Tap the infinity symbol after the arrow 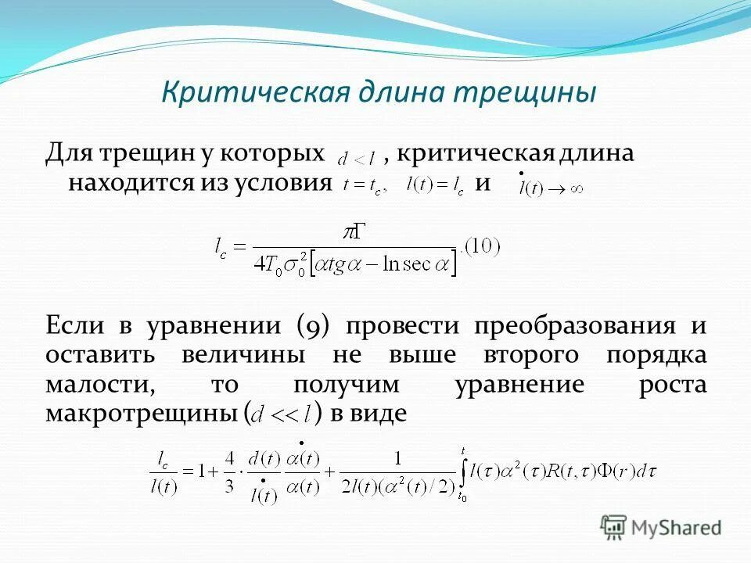click(575, 188)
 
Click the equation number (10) click(481, 246)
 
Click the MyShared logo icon click(613, 527)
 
